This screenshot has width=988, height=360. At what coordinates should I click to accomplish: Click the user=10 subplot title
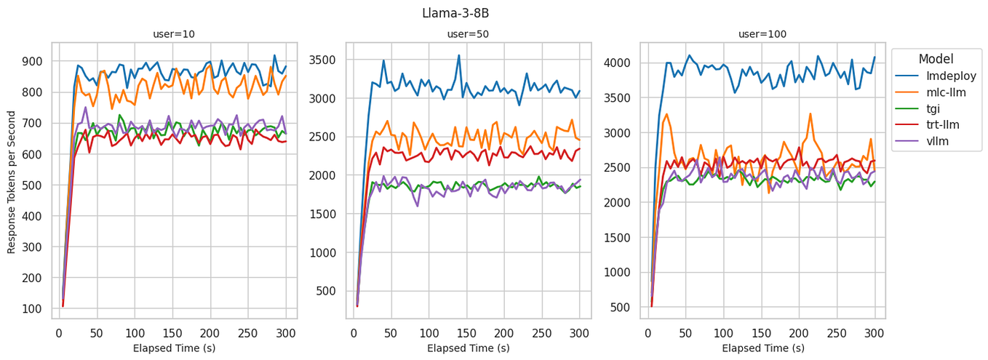point(174,34)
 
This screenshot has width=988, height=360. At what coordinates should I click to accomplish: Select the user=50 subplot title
point(468,34)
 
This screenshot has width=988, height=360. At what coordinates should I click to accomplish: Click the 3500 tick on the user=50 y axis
point(324,59)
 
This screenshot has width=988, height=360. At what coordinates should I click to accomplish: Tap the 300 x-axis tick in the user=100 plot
point(875,333)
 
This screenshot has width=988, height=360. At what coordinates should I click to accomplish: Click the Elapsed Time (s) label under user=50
point(468,348)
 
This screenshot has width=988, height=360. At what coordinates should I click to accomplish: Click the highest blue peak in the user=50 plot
point(459,55)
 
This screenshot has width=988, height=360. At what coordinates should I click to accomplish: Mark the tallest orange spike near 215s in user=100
point(810,113)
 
